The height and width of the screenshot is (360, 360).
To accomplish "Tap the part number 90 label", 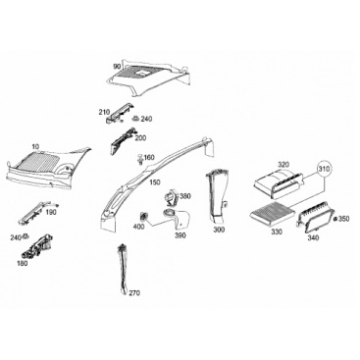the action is tap(117, 67).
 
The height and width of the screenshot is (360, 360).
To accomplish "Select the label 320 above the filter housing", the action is tap(284, 164).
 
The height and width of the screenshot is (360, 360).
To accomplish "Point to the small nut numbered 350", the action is tap(335, 219).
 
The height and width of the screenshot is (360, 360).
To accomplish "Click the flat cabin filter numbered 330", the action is tap(268, 216).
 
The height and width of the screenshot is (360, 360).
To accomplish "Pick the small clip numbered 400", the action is tap(143, 216).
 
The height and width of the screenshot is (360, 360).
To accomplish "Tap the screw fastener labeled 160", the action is tap(141, 159).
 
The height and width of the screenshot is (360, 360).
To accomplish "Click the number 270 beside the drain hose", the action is tap(134, 293).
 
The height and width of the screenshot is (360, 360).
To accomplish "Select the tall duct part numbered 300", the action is tap(217, 196).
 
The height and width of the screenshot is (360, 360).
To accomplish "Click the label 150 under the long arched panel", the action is tap(155, 181).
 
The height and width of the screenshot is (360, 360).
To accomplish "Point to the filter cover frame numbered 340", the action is tap(314, 217).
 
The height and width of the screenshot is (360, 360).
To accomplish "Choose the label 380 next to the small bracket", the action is tap(185, 196).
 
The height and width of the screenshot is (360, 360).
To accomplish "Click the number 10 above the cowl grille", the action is tap(35, 146).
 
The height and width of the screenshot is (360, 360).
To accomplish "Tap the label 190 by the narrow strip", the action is tap(51, 213).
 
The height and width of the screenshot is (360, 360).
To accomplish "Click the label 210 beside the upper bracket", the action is tap(104, 113).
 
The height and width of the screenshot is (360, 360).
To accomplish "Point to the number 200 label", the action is tap(140, 138).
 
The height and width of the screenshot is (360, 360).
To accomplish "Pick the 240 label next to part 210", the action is tap(146, 119).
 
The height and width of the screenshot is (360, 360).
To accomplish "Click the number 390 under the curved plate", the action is tap(180, 235).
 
